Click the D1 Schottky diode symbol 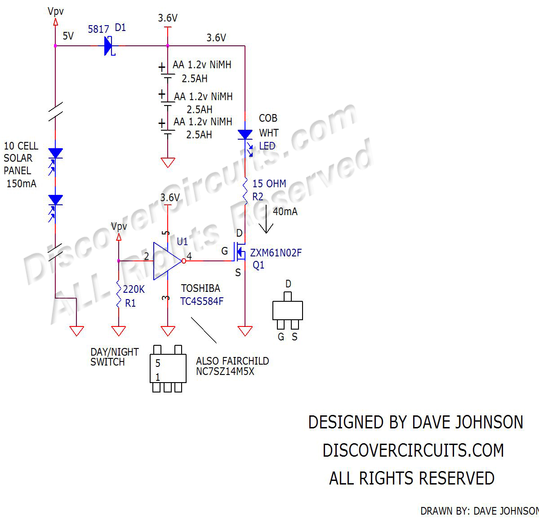(108, 46)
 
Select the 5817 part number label (98, 30)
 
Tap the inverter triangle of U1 (167, 261)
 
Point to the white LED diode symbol (245, 134)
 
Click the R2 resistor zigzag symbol (245, 192)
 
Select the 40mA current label (285, 212)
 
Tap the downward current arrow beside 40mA (266, 220)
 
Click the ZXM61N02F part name (276, 253)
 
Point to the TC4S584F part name (202, 301)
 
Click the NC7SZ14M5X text (225, 371)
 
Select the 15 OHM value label (269, 184)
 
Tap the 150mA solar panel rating (21, 184)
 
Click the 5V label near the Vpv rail (68, 36)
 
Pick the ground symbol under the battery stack (168, 162)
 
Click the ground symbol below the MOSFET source (245, 331)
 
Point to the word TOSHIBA (200, 288)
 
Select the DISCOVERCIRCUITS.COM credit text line (413, 450)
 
